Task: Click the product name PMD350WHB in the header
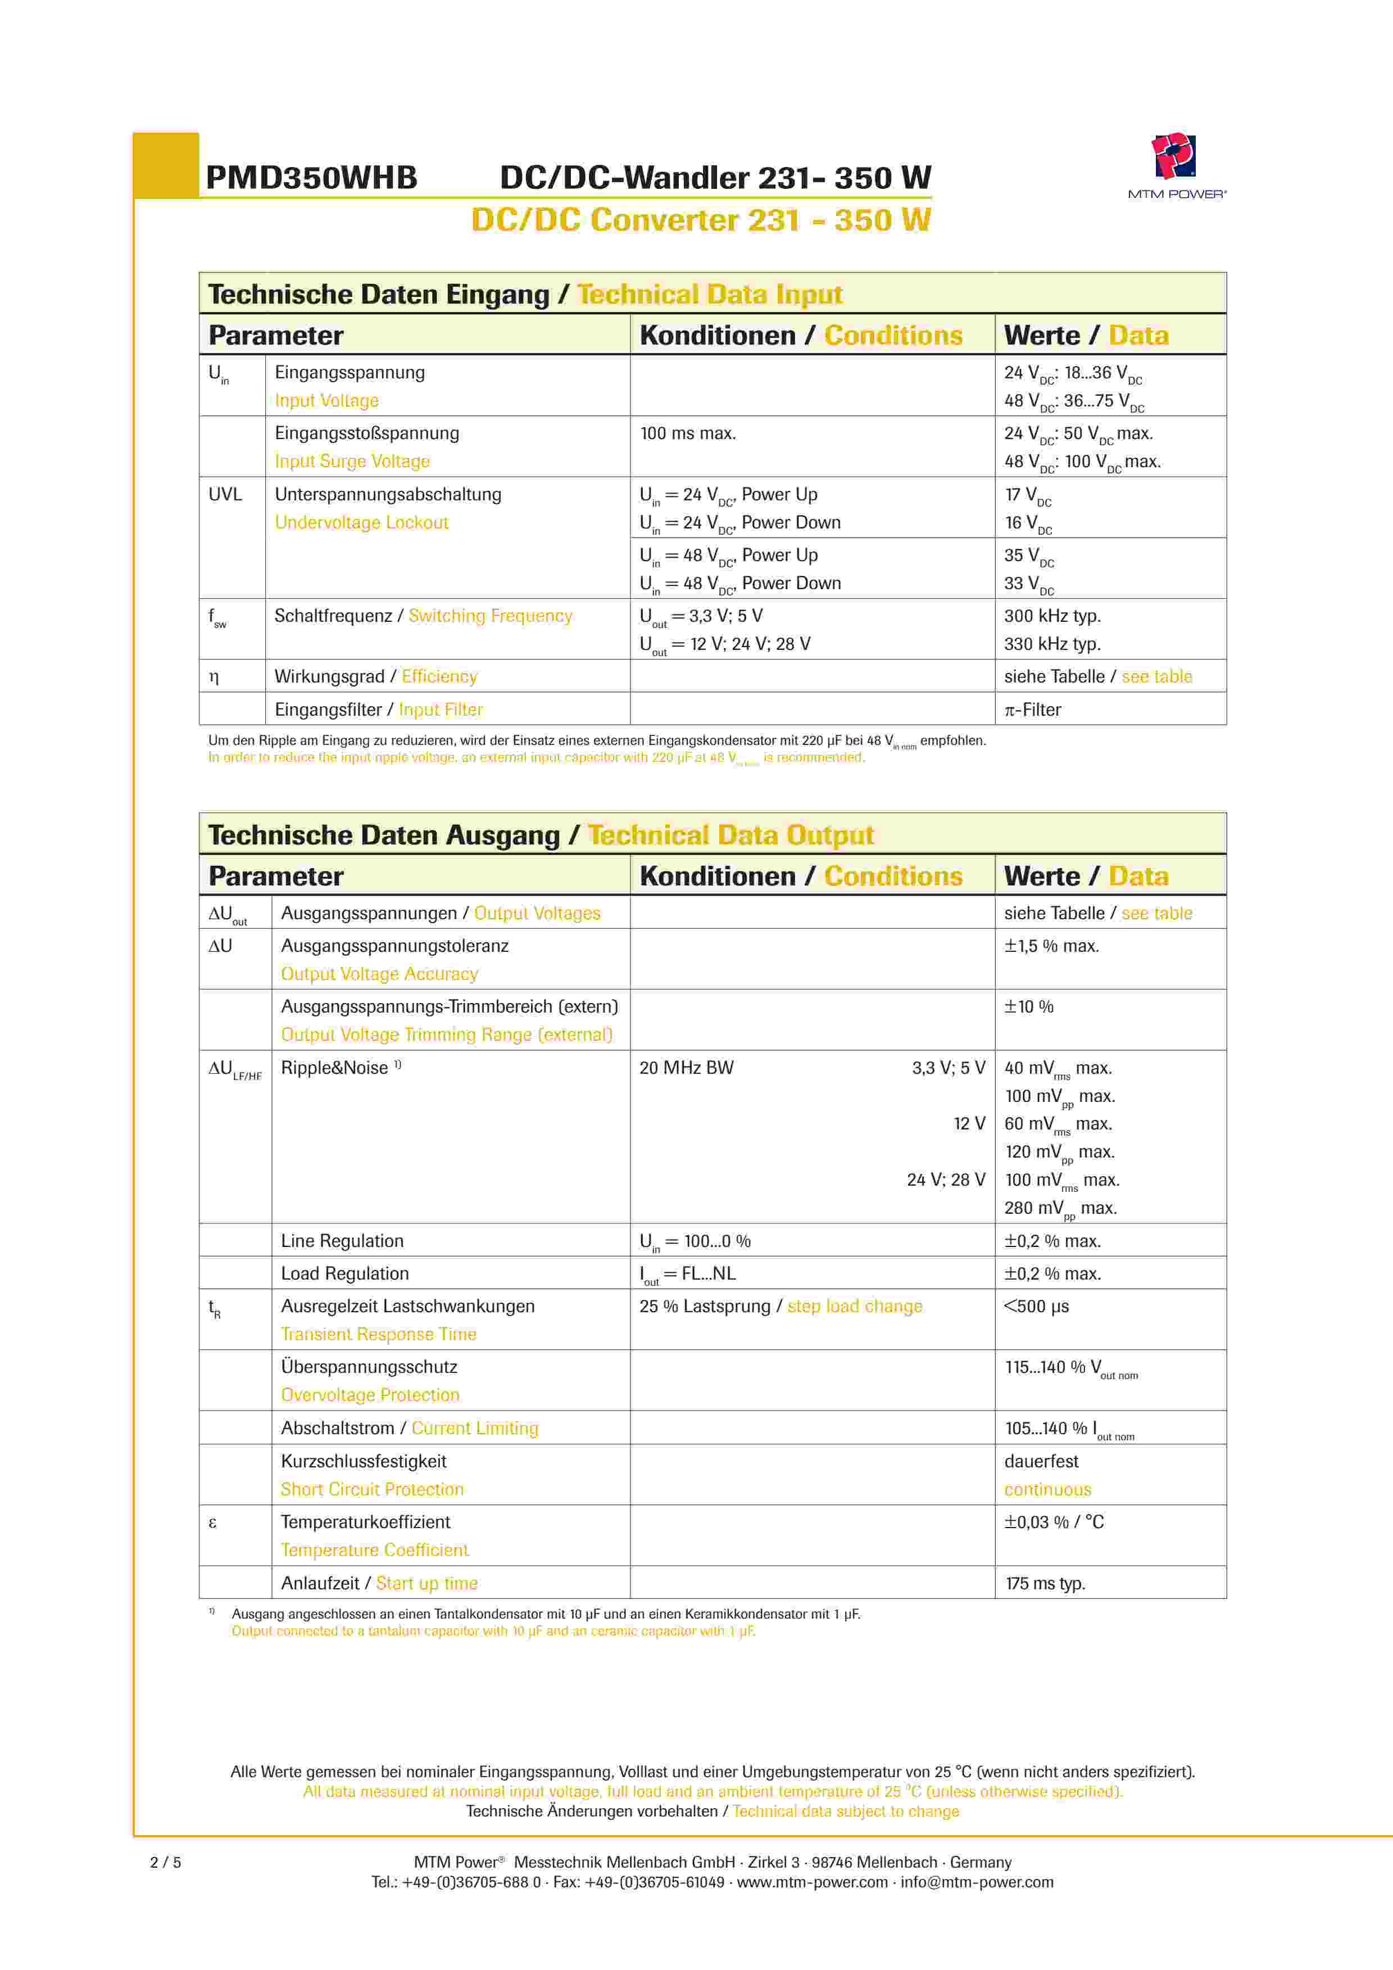[311, 178]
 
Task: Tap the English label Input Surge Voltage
[352, 462]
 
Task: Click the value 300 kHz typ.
[1052, 616]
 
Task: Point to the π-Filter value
[1033, 710]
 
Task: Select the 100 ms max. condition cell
[688, 433]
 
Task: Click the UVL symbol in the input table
[225, 494]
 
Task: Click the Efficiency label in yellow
[439, 677]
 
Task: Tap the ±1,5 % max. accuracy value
[1051, 946]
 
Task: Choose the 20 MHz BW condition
[686, 1068]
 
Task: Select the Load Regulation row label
[345, 1274]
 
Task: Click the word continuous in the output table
[1047, 1490]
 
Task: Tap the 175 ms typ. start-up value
[1045, 1584]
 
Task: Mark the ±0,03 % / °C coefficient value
[1054, 1522]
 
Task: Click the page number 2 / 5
[166, 1862]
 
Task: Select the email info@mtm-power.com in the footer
[977, 1882]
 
